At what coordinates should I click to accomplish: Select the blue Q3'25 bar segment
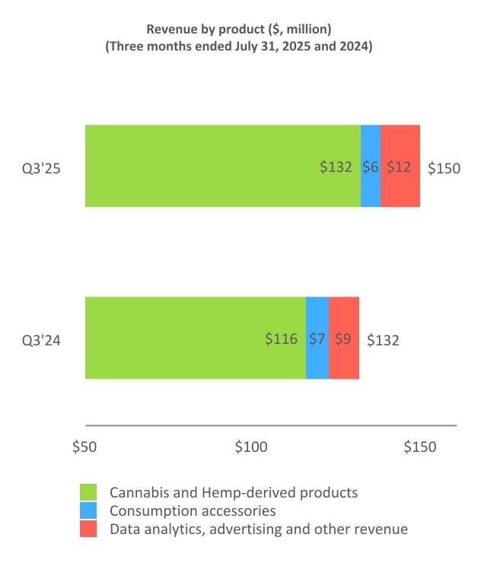(x=371, y=166)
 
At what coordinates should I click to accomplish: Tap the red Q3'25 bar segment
(x=400, y=166)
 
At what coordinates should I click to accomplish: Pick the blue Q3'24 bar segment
(x=317, y=338)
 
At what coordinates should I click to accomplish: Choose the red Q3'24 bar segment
(x=344, y=338)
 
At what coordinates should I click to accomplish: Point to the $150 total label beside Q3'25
(x=444, y=168)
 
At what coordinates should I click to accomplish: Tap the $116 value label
(x=281, y=339)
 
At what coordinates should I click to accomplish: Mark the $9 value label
(x=343, y=339)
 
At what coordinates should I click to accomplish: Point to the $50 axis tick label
(x=84, y=447)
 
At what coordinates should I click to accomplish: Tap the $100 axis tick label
(x=251, y=447)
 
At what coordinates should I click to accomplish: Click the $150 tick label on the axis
(x=419, y=447)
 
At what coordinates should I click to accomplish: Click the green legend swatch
(x=89, y=493)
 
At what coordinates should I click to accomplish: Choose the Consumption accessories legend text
(x=193, y=511)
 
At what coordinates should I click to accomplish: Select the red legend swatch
(x=89, y=529)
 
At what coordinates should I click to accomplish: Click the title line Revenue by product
(x=238, y=29)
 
